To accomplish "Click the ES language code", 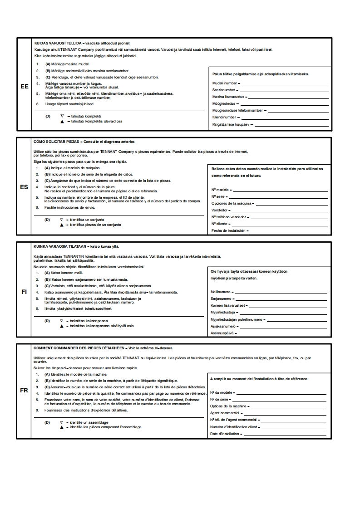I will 25,186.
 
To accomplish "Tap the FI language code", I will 25,292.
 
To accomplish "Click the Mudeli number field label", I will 225,83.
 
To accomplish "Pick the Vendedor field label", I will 220,210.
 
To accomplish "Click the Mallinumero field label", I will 221,292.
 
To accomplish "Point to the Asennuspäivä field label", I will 222,333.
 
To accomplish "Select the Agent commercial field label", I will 225,413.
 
